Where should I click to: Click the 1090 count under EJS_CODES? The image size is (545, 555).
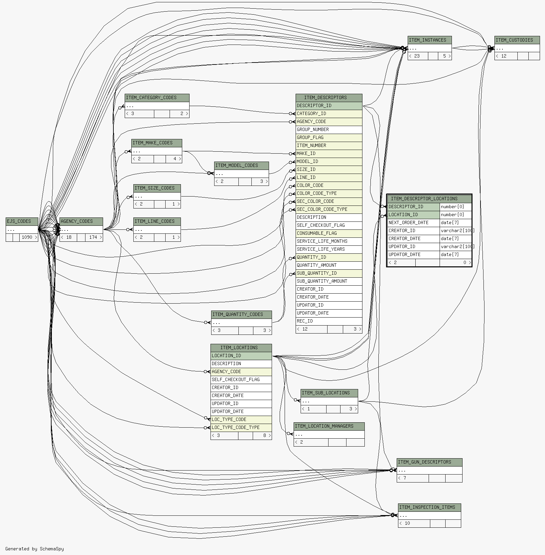point(27,237)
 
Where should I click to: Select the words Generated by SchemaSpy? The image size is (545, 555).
point(35,549)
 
